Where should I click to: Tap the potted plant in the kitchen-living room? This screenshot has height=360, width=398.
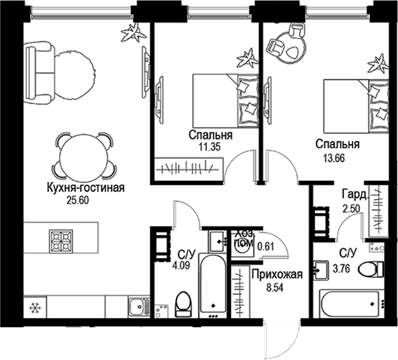tap(134, 33)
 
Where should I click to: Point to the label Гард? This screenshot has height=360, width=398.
tap(354, 194)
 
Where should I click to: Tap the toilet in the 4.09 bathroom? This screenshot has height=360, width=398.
tap(183, 303)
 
